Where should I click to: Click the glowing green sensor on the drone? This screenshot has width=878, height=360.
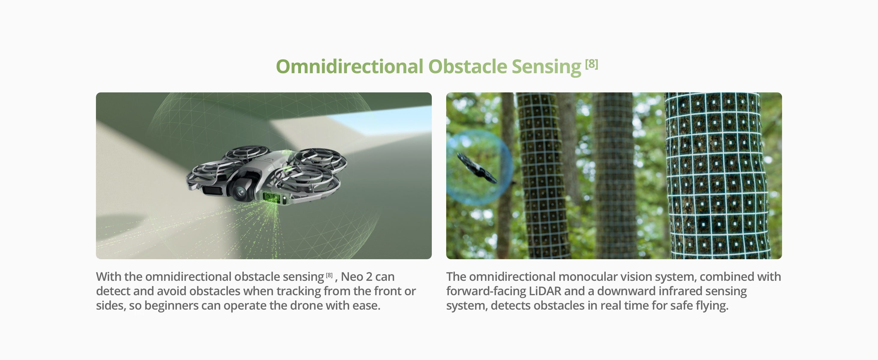coord(271,197)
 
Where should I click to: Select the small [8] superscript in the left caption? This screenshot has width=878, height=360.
coord(329,275)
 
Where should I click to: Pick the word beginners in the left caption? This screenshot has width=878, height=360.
coord(171,306)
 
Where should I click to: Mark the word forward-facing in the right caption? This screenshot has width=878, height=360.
coord(486,292)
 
